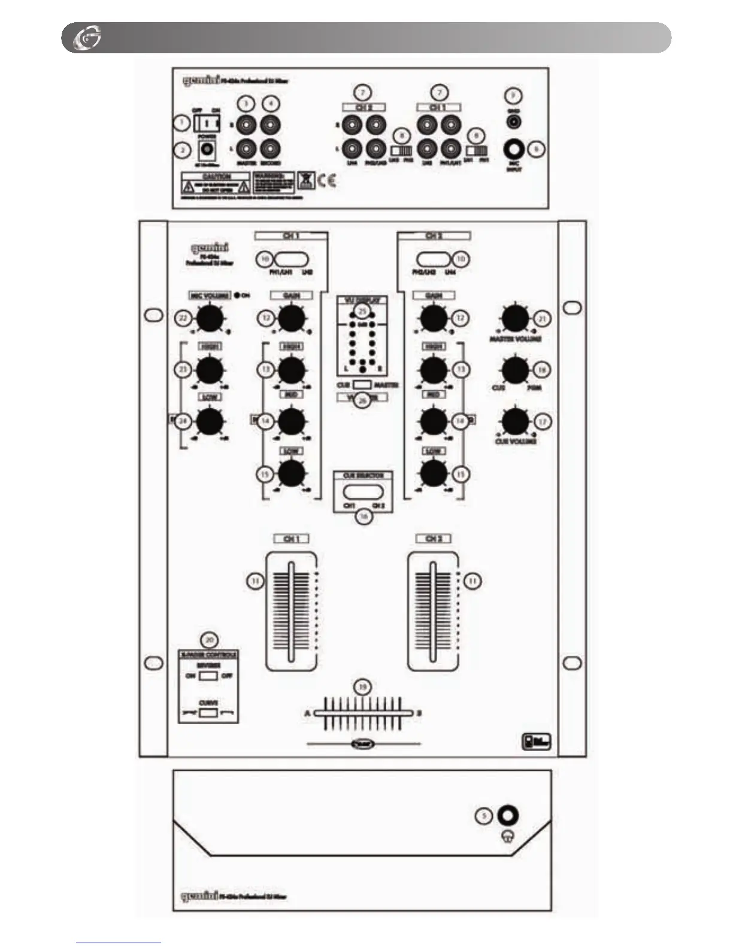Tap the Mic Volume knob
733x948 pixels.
click(210, 319)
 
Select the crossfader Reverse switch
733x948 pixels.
click(208, 676)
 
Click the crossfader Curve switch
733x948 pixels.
click(208, 713)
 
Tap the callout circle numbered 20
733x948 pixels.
click(209, 640)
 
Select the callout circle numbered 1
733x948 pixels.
click(180, 123)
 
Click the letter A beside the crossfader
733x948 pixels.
click(308, 713)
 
